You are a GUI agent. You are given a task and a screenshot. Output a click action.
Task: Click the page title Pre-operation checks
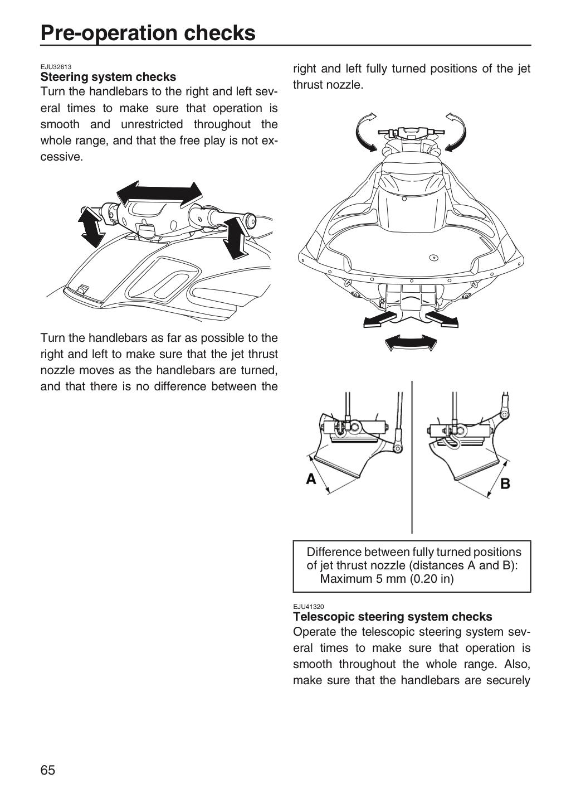pyautogui.click(x=148, y=33)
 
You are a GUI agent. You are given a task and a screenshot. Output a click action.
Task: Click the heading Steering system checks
pyautogui.click(x=108, y=77)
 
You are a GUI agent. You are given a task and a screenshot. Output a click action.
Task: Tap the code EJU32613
pyautogui.click(x=56, y=67)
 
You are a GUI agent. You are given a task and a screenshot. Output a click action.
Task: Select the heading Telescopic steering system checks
pyautogui.click(x=393, y=617)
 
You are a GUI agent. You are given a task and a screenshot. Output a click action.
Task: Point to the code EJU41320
pyautogui.click(x=309, y=607)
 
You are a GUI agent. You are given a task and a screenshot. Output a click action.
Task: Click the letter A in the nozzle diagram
pyautogui.click(x=311, y=479)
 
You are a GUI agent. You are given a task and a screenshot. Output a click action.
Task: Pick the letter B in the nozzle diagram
pyautogui.click(x=505, y=484)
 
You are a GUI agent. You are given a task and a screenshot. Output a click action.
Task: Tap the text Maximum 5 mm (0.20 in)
pyautogui.click(x=387, y=579)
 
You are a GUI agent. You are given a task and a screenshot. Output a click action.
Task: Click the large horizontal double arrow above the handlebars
pyautogui.click(x=159, y=195)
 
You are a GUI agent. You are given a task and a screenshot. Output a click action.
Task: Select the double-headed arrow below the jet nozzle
pyautogui.click(x=411, y=343)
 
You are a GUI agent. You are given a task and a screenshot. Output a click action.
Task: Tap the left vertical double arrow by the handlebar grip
pyautogui.click(x=91, y=228)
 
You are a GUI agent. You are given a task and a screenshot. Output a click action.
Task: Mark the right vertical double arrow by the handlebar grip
pyautogui.click(x=235, y=238)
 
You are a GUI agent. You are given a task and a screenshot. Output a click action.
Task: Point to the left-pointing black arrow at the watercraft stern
pyautogui.click(x=379, y=319)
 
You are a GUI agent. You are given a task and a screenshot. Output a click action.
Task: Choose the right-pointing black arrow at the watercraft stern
pyautogui.click(x=442, y=319)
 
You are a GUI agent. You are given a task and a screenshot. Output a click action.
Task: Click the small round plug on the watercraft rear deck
pyautogui.click(x=434, y=258)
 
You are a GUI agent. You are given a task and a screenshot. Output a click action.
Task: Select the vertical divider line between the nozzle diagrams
pyautogui.click(x=412, y=457)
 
